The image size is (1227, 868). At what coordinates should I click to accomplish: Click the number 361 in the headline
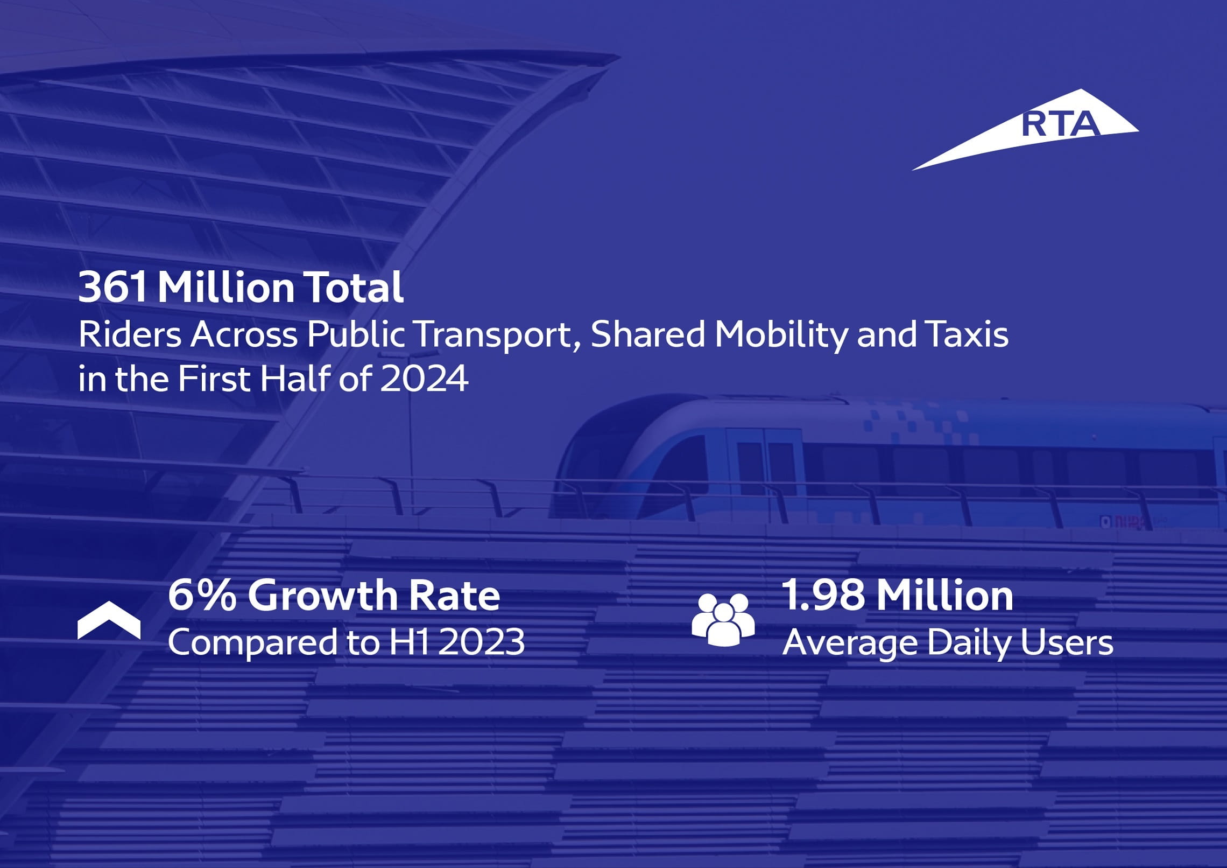(x=112, y=288)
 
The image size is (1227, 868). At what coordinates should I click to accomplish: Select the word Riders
(x=130, y=334)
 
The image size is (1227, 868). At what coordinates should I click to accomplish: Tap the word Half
(x=294, y=379)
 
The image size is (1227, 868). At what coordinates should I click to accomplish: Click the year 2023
(x=482, y=642)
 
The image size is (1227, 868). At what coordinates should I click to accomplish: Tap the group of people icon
(x=723, y=619)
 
